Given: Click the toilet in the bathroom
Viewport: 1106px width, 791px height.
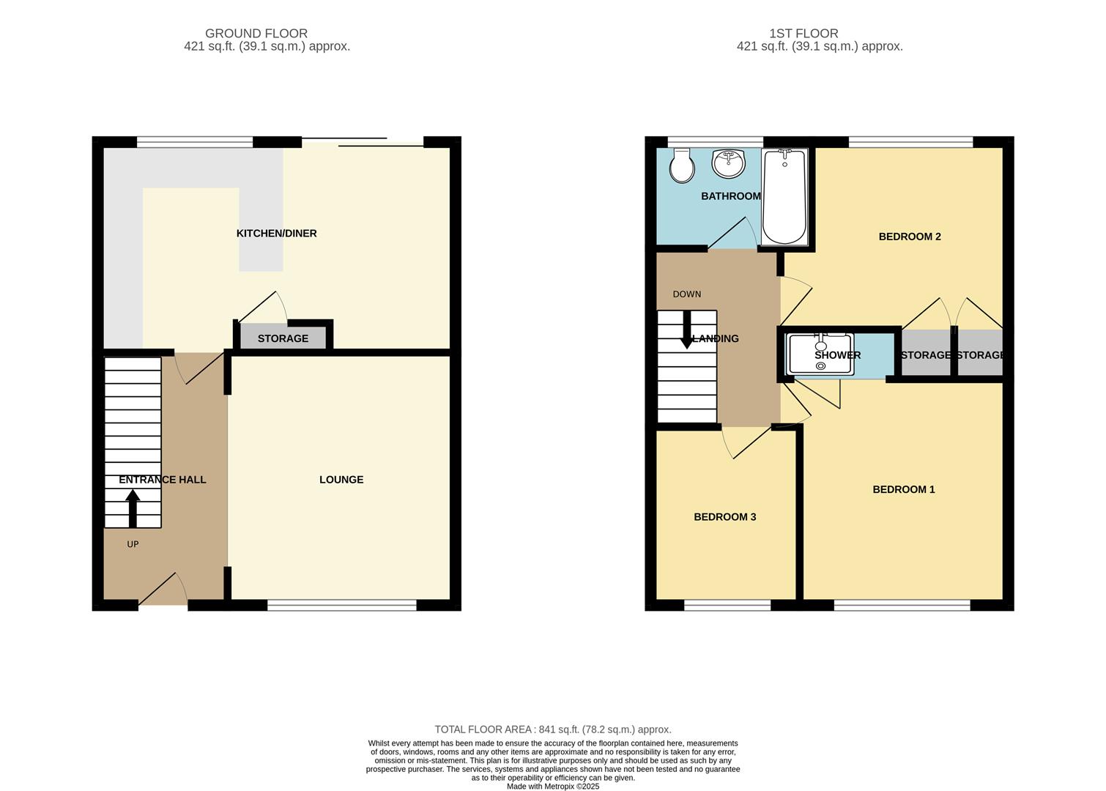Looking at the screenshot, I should [x=683, y=167].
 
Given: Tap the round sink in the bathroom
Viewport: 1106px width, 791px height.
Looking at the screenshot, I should [x=728, y=163].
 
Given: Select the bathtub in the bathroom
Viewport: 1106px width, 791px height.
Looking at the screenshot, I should [x=784, y=196].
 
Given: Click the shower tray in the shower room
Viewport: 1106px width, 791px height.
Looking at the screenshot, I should [x=820, y=354].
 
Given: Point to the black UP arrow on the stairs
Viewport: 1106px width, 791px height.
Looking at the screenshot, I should [x=133, y=508].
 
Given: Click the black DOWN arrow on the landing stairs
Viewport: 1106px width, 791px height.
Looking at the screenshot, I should [x=686, y=330].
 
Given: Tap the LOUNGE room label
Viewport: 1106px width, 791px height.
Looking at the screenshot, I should [x=341, y=480].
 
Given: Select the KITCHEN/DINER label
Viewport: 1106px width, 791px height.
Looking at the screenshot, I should [x=276, y=234].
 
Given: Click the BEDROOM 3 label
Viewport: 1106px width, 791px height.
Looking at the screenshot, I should [x=724, y=517].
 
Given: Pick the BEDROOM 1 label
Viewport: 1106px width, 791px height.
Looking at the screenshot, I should [x=903, y=489].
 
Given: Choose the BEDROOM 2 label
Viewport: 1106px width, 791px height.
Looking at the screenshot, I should [x=909, y=237].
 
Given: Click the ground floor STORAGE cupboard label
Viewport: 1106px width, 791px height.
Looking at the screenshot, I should [x=283, y=338].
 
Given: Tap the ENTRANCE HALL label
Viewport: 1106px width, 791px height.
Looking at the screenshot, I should [x=163, y=480].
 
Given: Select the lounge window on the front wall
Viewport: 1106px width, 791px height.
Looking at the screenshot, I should [x=341, y=605].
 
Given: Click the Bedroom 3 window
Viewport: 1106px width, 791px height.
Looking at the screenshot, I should [x=727, y=605].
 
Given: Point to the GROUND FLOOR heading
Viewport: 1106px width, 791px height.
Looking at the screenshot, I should [x=256, y=33].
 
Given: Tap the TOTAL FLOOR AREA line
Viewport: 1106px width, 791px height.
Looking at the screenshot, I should [x=553, y=729].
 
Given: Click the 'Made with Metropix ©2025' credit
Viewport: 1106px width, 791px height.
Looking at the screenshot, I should [x=553, y=787].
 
